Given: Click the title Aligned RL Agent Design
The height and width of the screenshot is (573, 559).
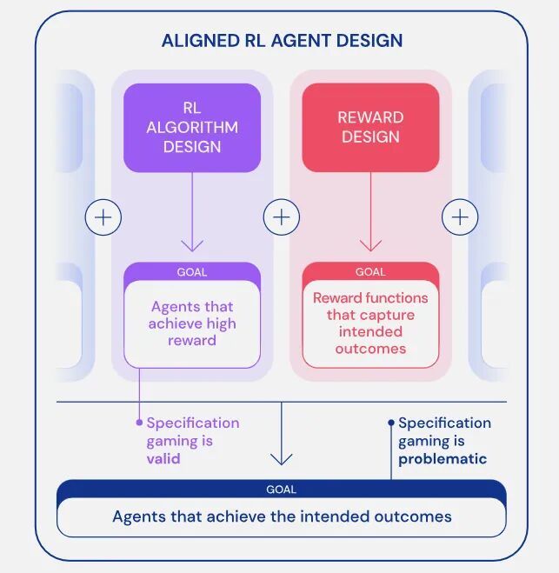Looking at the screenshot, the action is point(282,41).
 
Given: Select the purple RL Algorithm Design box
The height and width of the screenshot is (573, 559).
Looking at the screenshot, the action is point(192,128).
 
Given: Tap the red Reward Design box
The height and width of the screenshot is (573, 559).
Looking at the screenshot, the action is point(370,128).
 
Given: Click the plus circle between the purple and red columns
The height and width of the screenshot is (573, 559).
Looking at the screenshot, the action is point(282,217).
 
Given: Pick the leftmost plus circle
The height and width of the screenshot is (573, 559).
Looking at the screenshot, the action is point(103,217).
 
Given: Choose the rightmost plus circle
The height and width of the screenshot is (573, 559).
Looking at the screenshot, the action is point(460,217).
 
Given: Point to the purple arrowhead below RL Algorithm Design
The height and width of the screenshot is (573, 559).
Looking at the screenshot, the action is point(192,246).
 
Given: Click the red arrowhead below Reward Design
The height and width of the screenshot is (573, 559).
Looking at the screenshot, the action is point(370,246).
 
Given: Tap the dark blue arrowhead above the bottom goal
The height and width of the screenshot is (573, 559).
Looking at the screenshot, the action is point(282,459).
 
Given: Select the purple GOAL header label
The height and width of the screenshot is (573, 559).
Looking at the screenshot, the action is point(192,272).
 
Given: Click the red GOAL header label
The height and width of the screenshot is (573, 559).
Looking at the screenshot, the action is point(370,272).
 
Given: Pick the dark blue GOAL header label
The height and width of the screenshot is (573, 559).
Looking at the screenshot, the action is point(281,490).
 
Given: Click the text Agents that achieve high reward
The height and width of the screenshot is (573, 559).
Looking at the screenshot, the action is point(192,323).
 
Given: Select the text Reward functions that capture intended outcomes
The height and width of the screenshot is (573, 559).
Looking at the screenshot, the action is point(370,323).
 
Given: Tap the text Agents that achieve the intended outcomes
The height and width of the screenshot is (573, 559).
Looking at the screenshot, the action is point(282,516).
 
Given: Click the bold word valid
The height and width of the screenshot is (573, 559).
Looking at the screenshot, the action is point(163,458).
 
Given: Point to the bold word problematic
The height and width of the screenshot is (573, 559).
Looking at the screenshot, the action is point(443,459).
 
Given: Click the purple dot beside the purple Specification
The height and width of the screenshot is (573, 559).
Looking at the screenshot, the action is point(139,423).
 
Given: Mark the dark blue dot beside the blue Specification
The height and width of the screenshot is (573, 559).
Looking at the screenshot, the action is point(391,423).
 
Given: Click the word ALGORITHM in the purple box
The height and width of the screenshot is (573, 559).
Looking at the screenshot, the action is point(192,128).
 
